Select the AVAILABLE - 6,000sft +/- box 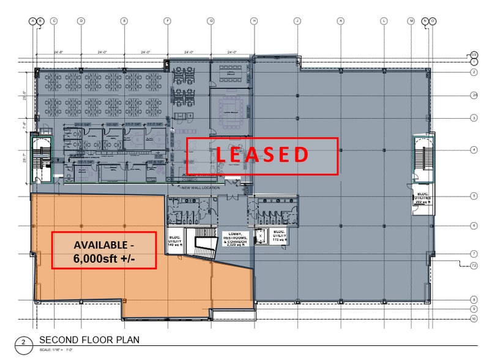[x=103, y=250]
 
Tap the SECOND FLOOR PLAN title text [x=89, y=340]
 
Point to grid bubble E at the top [x=124, y=21]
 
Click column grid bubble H [x=253, y=21]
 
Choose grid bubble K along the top [x=340, y=21]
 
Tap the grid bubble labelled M [x=412, y=21]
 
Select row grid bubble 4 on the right [x=474, y=149]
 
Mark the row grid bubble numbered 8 [x=474, y=299]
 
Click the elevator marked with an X [x=260, y=234]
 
